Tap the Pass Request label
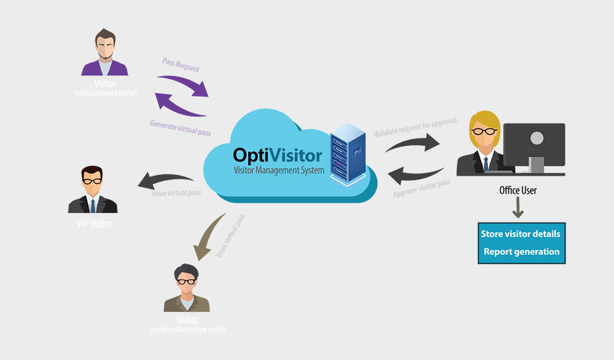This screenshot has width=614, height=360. (x=180, y=65)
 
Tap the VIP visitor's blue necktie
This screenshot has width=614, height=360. (x=93, y=205)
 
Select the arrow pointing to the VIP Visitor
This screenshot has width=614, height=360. (x=165, y=179)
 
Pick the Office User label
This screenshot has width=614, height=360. (x=518, y=191)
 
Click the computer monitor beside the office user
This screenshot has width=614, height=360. (x=534, y=144)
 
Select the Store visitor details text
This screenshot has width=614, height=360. (x=520, y=233)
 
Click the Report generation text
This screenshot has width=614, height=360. (x=521, y=252)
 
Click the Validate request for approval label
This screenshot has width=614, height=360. (x=415, y=127)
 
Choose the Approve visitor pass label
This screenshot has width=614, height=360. (x=422, y=188)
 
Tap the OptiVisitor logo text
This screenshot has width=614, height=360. (x=278, y=156)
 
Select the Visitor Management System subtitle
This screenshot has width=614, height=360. (x=279, y=170)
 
